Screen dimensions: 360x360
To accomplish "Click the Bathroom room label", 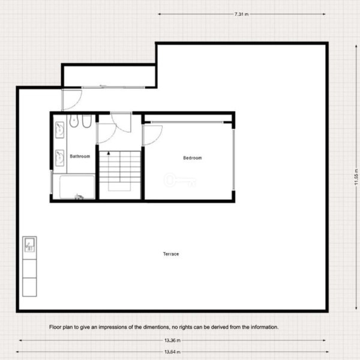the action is pos(80,157).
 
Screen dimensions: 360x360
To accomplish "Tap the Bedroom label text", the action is pos(193,158).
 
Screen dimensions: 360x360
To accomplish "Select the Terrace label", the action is pos(171,254).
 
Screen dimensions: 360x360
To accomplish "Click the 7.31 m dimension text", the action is pos(242,14).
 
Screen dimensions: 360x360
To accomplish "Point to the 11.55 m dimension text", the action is pos(356,177).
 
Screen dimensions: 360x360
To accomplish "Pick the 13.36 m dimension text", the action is pos(172,340).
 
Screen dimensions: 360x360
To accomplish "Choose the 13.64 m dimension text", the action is pos(172,352).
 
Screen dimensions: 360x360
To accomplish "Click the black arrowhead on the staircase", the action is pos(109,153).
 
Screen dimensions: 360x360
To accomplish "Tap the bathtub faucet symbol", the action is pos(79,197).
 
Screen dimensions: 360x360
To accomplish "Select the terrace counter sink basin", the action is pos(29,245).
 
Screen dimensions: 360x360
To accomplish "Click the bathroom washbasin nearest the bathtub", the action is pos(59,158).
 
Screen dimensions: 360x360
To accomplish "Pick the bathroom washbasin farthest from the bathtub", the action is pos(59,130).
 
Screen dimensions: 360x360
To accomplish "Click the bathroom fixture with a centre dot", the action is pos(74,121).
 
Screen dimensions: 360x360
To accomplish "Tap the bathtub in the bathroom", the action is pos(77,187).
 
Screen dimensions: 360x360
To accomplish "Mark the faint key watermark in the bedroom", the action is pos(180,180).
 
